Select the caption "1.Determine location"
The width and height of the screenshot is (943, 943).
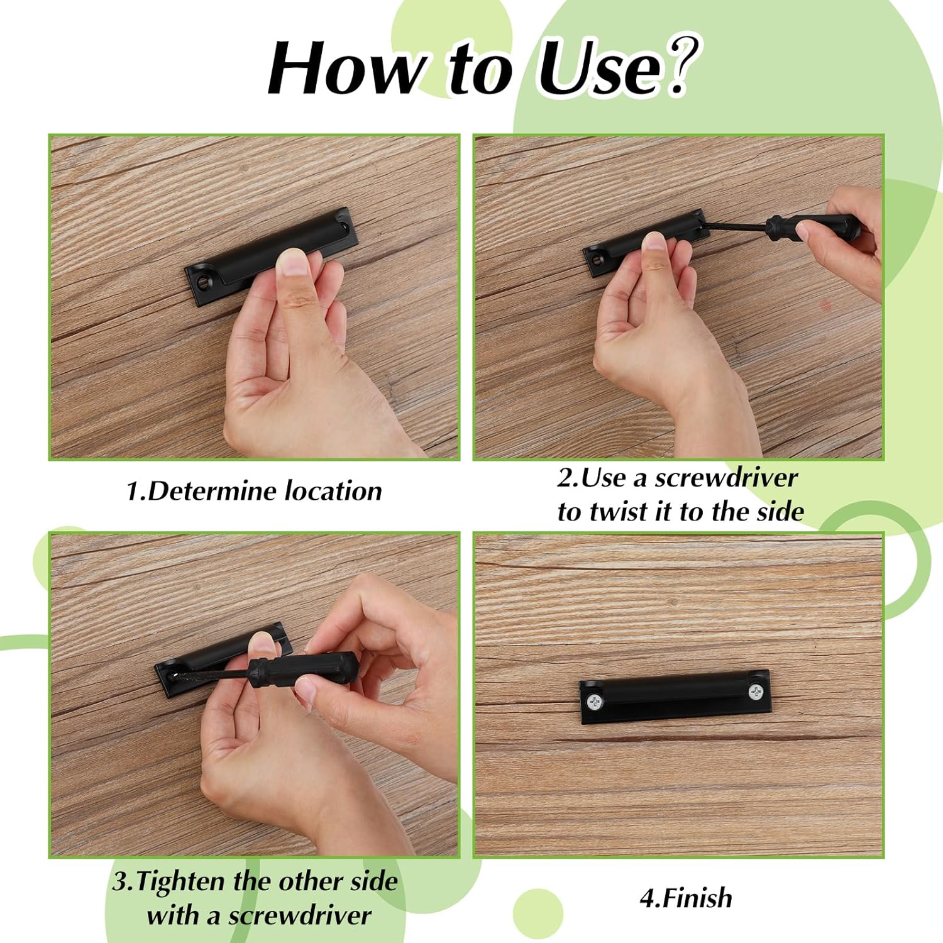[254, 490]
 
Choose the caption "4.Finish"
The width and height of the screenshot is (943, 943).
[686, 898]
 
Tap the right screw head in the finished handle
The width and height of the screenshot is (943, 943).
[756, 692]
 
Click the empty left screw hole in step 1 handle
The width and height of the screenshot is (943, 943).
[203, 280]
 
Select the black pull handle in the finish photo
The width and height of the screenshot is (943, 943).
[675, 697]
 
